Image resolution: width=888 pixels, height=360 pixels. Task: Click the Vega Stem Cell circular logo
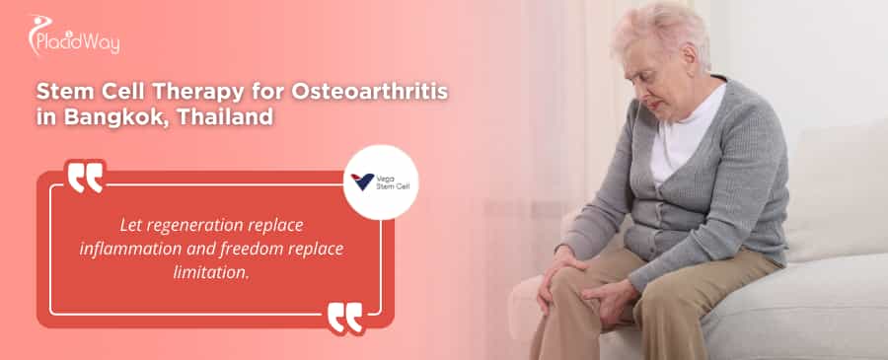(x=381, y=182)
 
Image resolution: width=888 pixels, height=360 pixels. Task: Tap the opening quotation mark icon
(x=86, y=178)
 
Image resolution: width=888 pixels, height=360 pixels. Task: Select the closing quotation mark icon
(x=344, y=318)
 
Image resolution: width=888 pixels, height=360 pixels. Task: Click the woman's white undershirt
(x=681, y=148)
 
